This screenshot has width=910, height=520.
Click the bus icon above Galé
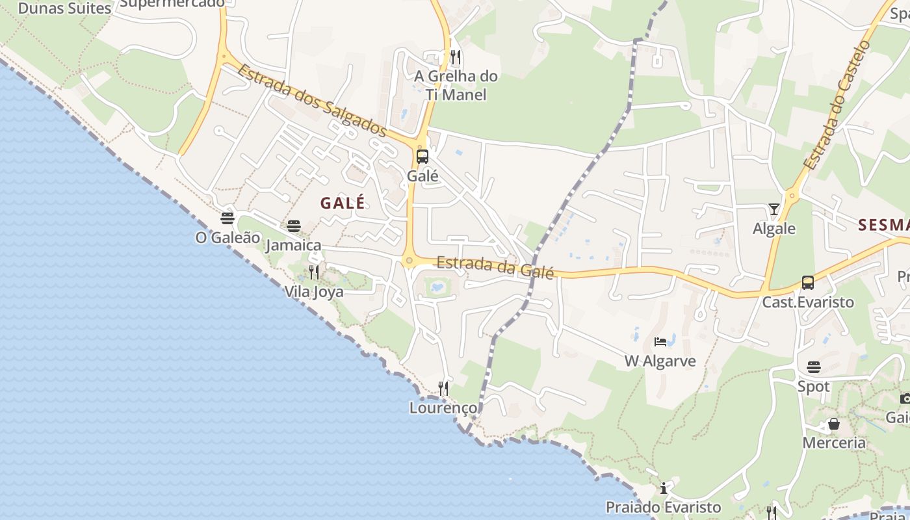[422, 156]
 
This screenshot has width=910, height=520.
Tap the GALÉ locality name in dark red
[343, 203]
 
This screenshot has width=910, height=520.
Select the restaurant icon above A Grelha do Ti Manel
[456, 57]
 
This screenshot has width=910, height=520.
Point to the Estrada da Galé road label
[495, 267]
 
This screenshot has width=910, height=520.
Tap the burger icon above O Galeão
[227, 218]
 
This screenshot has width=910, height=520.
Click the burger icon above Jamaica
[294, 226]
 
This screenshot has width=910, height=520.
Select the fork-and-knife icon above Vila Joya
[314, 272]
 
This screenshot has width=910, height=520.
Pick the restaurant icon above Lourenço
[443, 389]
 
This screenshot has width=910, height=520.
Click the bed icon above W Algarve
[660, 342]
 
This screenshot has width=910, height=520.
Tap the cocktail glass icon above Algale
[773, 209]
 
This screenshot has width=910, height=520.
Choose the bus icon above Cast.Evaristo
[808, 283]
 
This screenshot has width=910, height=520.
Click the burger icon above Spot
[814, 367]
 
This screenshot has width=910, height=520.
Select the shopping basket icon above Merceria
[834, 424]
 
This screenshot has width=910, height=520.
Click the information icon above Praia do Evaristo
[664, 487]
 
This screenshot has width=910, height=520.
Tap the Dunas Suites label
[65, 8]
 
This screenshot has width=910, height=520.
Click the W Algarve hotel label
[660, 361]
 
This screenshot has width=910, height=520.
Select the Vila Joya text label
[314, 292]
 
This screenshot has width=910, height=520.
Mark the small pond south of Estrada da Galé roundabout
[437, 286]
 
